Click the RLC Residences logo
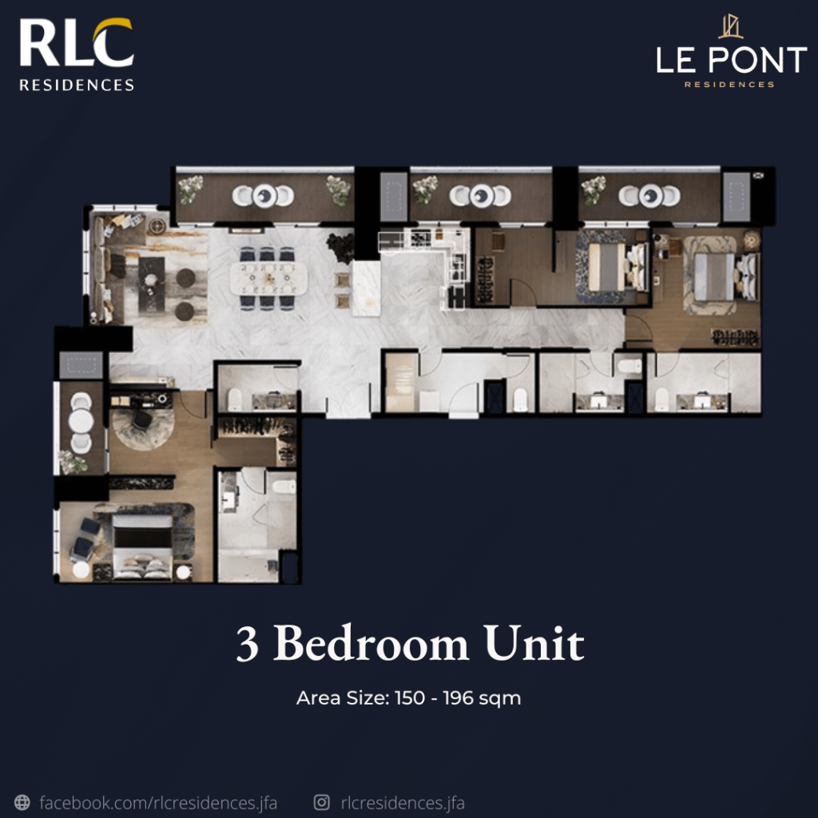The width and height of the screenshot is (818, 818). tap(77, 55)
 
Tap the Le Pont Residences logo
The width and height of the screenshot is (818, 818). tap(731, 52)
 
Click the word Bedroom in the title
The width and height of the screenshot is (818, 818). tap(371, 643)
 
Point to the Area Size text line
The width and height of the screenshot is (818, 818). tap(408, 698)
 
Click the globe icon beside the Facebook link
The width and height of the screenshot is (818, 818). tap(22, 802)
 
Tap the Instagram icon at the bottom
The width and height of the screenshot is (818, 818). tap(321, 802)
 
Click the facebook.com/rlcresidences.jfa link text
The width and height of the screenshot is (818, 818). tap(158, 802)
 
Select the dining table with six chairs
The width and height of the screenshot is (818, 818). tap(268, 278)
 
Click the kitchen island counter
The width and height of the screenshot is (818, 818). tap(366, 288)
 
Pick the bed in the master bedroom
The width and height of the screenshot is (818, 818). tap(142, 546)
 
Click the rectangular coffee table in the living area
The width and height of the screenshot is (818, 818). tap(151, 285)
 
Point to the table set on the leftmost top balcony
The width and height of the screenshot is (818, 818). tap(264, 196)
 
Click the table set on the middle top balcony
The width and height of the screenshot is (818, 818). tap(480, 196)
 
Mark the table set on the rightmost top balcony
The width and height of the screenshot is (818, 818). tap(649, 196)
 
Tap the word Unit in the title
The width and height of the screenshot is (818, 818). tap(534, 643)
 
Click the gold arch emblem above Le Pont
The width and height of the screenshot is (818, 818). tap(730, 26)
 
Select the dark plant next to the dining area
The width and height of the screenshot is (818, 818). tap(340, 247)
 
